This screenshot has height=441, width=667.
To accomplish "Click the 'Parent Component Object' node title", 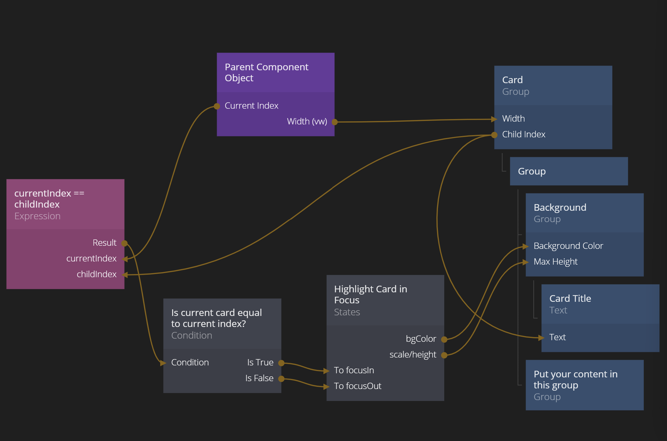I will click(x=266, y=72).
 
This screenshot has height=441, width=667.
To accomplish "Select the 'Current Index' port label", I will click(x=251, y=106).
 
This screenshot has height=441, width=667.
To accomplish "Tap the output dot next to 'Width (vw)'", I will click(x=335, y=122).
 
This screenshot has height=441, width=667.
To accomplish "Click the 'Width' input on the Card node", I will click(x=513, y=119).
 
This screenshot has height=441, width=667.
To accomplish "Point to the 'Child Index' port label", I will click(x=524, y=135).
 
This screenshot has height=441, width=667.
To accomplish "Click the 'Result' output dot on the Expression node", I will click(x=125, y=243).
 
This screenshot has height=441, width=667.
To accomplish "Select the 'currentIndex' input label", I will click(x=91, y=259).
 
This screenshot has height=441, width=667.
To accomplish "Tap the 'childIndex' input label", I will click(x=96, y=274).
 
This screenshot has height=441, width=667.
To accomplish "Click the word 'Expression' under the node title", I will click(x=37, y=216).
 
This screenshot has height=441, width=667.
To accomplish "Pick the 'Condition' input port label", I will click(x=190, y=363).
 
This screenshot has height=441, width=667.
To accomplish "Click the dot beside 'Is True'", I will click(x=282, y=363).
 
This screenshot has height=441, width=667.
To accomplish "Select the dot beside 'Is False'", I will click(x=282, y=379).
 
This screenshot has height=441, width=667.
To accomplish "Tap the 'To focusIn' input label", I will click(x=354, y=370).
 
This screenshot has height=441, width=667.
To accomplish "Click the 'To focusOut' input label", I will click(x=357, y=386).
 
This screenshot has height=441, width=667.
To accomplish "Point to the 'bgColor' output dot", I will click(x=444, y=340).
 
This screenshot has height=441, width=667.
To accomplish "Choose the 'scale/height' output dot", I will click(x=444, y=355).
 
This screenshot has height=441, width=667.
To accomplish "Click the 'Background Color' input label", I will click(x=568, y=246).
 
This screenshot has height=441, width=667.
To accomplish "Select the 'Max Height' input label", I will click(x=556, y=262).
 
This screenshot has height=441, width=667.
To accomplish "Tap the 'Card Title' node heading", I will click(x=570, y=299).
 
